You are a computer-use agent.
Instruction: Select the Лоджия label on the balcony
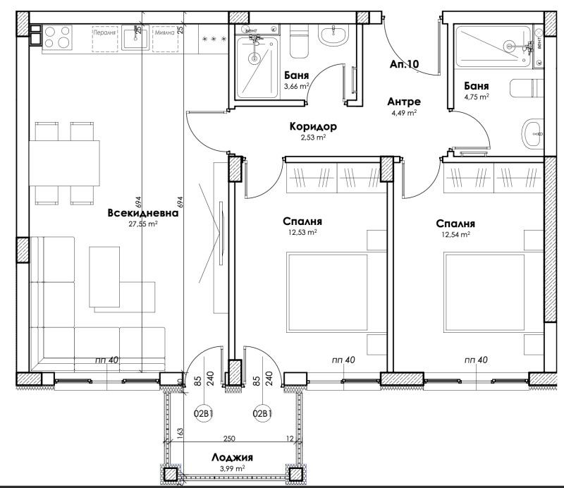[232, 458]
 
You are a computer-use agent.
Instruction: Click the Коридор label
[312, 127]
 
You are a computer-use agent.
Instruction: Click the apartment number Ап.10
[404, 65]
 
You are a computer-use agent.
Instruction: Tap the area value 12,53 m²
[302, 231]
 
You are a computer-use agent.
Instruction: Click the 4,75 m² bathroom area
[476, 97]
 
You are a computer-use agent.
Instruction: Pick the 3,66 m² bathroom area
[297, 86]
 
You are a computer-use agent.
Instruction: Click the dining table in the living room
[61, 163]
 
